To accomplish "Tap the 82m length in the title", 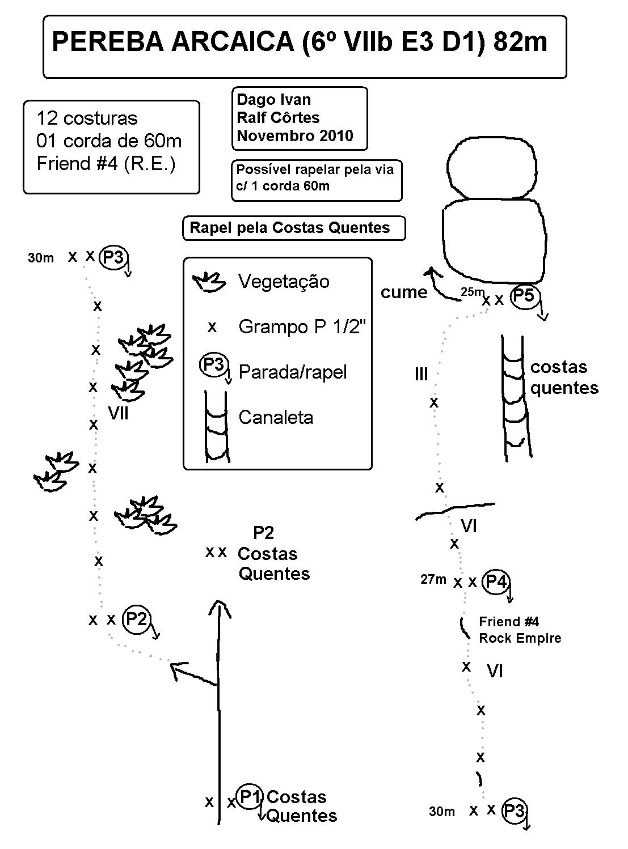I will pyautogui.click(x=520, y=43).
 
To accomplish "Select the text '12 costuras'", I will pyautogui.click(x=87, y=118).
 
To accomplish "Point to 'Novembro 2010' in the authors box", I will pyautogui.click(x=294, y=136).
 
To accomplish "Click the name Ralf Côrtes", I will pyautogui.click(x=278, y=118).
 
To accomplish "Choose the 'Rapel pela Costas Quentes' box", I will pyautogui.click(x=293, y=228).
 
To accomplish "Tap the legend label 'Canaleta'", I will pyautogui.click(x=276, y=418).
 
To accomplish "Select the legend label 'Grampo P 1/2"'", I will pyautogui.click(x=300, y=327).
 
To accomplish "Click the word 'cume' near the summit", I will pyautogui.click(x=403, y=292).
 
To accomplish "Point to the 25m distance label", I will pyautogui.click(x=471, y=292).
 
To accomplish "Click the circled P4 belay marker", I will pyautogui.click(x=495, y=581).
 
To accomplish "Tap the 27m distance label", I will pyautogui.click(x=433, y=580).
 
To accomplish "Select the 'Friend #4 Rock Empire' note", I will pyautogui.click(x=519, y=630).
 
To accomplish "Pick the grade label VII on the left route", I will pyautogui.click(x=118, y=414).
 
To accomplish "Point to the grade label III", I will pyautogui.click(x=421, y=375).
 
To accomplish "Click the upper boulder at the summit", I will pyautogui.click(x=491, y=167).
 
